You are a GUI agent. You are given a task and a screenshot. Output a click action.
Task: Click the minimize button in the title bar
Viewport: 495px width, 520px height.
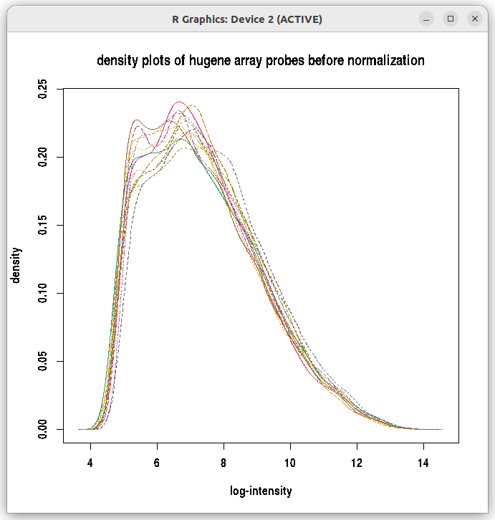pyautogui.click(x=426, y=19)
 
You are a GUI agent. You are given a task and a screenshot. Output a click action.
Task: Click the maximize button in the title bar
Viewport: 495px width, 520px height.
pyautogui.click(x=451, y=19)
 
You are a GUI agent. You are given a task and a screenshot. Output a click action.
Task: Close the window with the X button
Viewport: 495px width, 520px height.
pyautogui.click(x=475, y=19)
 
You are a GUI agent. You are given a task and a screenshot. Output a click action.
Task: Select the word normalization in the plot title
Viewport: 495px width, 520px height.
pyautogui.click(x=385, y=61)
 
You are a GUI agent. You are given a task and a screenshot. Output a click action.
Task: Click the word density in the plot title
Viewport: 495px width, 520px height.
pyautogui.click(x=117, y=61)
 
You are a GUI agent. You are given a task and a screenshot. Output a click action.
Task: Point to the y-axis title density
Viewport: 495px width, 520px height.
pyautogui.click(x=16, y=265)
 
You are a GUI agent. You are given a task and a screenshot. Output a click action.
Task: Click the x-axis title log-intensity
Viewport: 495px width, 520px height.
pyautogui.click(x=261, y=491)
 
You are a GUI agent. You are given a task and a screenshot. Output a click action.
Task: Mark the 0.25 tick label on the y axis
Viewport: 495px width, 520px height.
pyautogui.click(x=44, y=89)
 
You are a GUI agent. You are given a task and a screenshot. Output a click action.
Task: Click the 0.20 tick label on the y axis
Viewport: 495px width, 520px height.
pyautogui.click(x=44, y=157)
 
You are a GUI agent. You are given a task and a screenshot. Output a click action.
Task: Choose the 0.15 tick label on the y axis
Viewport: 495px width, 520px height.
pyautogui.click(x=44, y=225)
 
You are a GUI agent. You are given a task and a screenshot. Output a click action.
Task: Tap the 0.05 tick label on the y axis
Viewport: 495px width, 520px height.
pyautogui.click(x=44, y=361)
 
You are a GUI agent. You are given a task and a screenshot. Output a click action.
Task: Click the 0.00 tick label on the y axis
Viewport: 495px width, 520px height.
pyautogui.click(x=44, y=429)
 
